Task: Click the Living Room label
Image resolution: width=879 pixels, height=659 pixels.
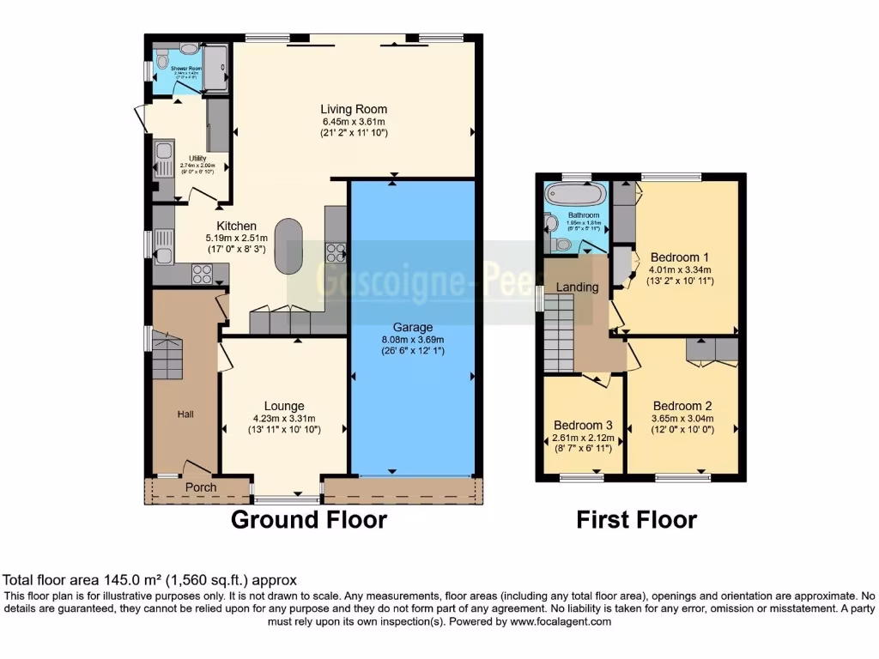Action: pos(354,109)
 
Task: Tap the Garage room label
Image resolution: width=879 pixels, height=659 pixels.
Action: pos(413,327)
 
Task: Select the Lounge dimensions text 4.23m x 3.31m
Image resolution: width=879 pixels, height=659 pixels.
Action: pos(284,419)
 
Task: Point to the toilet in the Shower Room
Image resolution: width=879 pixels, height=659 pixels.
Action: pos(161,62)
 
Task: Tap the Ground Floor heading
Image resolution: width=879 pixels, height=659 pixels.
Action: pos(309,520)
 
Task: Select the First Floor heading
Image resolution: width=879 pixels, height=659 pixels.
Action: pos(636,520)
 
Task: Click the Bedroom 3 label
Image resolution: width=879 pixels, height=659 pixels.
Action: pos(583,426)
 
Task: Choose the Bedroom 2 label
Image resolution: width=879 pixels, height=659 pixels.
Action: pos(682,406)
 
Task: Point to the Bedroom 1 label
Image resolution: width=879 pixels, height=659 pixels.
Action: pos(680,257)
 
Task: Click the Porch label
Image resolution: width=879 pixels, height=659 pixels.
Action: pos(202,487)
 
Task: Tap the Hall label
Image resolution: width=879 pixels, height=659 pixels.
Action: pos(185,414)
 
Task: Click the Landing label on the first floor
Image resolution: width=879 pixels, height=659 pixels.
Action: pos(577,287)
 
